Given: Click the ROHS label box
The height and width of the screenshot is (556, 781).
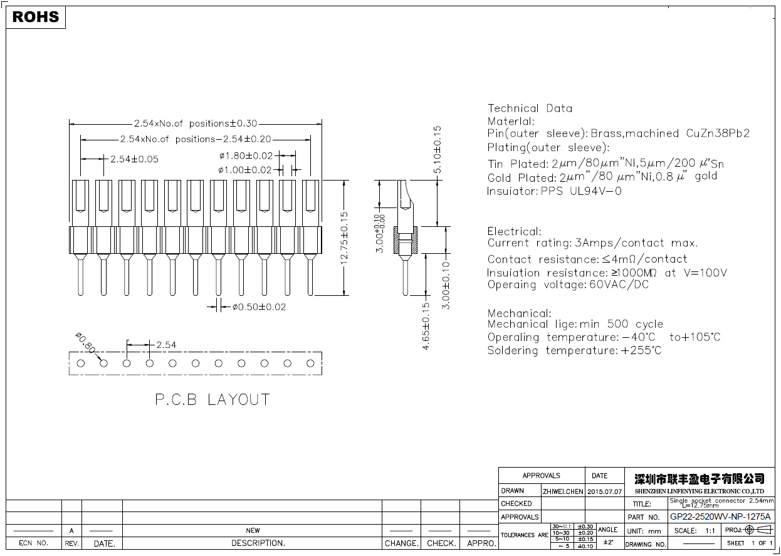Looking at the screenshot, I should tap(36, 18).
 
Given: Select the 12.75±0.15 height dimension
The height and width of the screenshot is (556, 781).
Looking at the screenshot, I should tap(344, 238).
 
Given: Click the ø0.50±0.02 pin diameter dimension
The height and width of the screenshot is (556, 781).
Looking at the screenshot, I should tap(259, 307).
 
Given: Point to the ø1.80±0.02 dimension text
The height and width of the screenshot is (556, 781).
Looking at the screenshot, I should tap(246, 155).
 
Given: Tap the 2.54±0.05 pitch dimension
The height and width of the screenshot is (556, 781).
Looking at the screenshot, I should tap(134, 159).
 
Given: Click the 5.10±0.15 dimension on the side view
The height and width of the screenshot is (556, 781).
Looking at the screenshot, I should tap(438, 150).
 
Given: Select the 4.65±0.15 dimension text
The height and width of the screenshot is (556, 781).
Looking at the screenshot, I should tap(426, 325).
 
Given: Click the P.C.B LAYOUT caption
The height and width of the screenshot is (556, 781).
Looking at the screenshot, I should tap(212, 399).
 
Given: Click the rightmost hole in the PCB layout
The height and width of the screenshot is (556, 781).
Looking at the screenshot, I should tap(310, 363).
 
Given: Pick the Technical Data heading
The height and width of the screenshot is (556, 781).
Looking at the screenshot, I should tap(530, 108).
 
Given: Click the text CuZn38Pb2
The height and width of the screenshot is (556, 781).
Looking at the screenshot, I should tap(718, 134).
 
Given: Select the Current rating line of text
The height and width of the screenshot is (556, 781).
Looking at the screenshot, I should tap(592, 243).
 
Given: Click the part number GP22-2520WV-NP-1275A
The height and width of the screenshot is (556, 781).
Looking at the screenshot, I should tap(720, 517).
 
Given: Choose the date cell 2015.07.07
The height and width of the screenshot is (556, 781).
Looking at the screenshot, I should tap(604, 491).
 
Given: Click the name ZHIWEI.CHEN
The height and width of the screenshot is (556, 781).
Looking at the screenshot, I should tap(562, 491).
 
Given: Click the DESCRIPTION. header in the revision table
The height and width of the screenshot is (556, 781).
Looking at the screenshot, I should tap(258, 543).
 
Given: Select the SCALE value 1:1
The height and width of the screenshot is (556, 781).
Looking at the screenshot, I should tap(710, 531).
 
